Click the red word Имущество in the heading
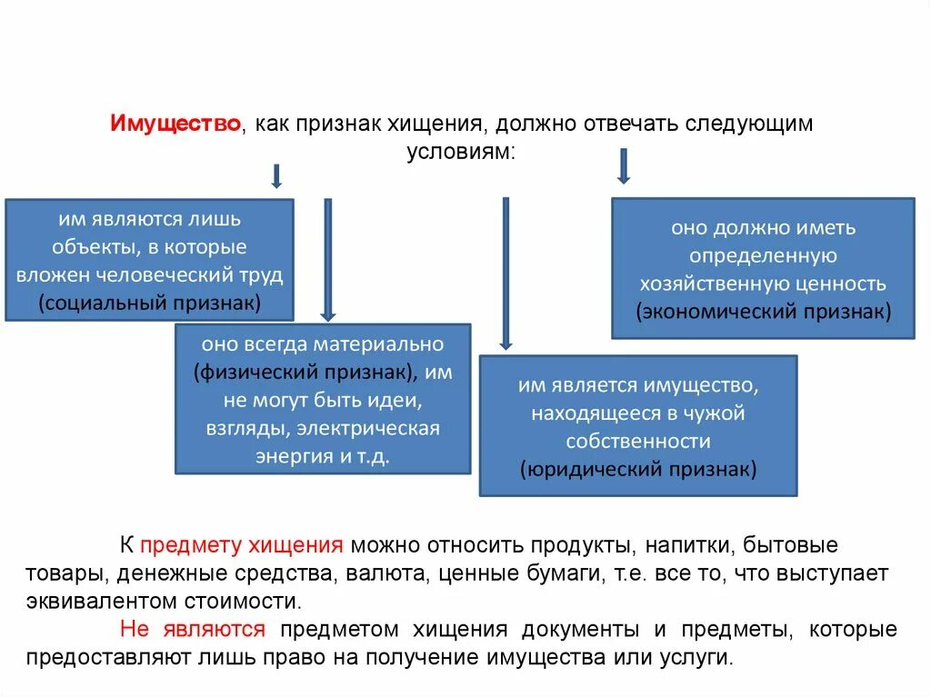pos(175,124)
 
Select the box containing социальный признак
pos(149,260)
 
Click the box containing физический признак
pos(323,399)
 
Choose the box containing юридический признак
pos(637,425)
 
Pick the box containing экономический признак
pos(763,269)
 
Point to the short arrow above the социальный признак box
pos(276,175)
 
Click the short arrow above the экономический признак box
pos(624,166)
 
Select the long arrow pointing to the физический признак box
pos(328,259)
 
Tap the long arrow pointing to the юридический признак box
pos(506,274)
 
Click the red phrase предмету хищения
pos(242,546)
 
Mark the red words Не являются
pos(192,630)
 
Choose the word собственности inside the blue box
pos(637,442)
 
